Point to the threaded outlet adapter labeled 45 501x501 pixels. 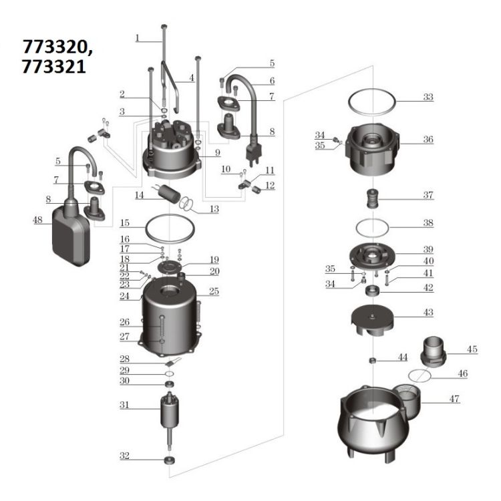434,351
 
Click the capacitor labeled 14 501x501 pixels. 170,193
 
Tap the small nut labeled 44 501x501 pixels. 372,361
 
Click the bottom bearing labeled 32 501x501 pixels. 170,460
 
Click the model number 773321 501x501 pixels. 53,66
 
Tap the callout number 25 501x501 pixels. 214,291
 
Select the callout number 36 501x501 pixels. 428,140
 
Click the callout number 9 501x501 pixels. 218,153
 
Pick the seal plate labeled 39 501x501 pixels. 373,257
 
